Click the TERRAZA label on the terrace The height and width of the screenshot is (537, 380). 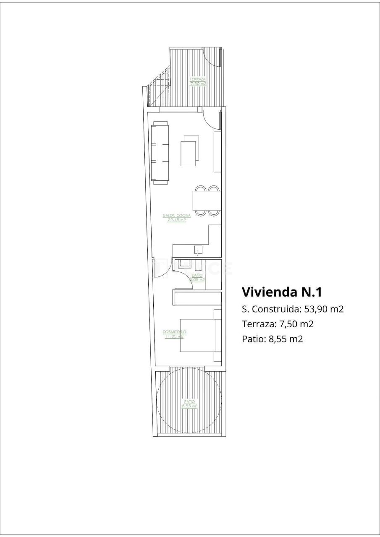198,79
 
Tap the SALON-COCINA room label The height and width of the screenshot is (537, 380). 177,215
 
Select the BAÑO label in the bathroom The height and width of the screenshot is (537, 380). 197,275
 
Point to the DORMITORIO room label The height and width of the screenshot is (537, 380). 174,331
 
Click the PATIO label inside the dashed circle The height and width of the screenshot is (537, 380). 189,401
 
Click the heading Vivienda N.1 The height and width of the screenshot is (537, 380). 282,292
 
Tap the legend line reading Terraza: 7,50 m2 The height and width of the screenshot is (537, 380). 278,324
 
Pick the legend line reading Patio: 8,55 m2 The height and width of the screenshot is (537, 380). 272,339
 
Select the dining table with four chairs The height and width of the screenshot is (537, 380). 207,201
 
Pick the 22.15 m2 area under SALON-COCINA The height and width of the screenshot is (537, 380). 177,219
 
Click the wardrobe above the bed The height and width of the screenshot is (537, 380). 197,298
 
